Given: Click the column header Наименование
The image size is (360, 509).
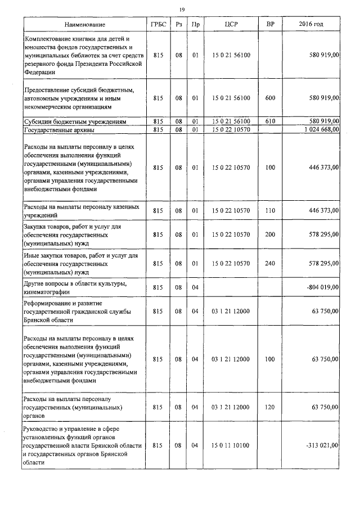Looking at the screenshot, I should (x=84, y=25).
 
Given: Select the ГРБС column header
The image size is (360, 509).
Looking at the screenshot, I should (x=157, y=25).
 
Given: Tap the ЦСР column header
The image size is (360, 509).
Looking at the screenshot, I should (x=232, y=25).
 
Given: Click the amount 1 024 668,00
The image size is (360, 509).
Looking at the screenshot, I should (x=318, y=129).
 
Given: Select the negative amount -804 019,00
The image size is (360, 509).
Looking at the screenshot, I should (x=321, y=287).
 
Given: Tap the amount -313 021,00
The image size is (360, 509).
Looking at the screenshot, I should (x=322, y=445).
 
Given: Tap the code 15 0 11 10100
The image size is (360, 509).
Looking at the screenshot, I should (x=233, y=445).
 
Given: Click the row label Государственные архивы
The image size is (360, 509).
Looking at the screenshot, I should (x=56, y=129).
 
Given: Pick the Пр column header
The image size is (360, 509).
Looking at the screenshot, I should (x=195, y=25).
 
